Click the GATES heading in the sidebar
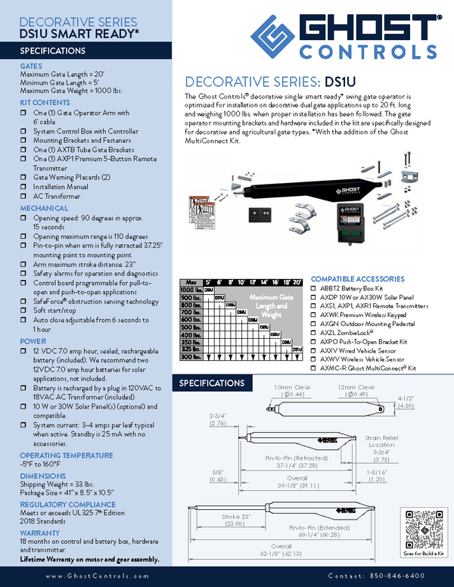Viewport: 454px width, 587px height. tap(31, 67)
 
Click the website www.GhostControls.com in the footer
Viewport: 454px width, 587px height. tap(89, 576)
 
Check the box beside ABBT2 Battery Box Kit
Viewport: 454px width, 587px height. tap(315, 288)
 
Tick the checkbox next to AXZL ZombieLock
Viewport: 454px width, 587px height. tap(315, 332)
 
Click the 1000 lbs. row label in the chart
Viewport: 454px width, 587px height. tap(189, 290)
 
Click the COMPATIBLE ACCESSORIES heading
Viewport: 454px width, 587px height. tap(357, 278)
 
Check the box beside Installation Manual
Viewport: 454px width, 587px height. tap(24, 187)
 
